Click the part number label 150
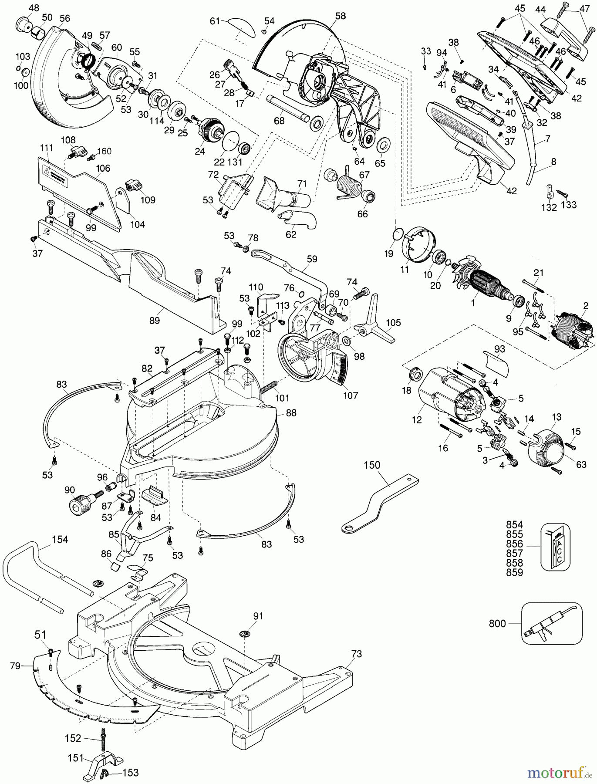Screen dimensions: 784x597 [372, 465]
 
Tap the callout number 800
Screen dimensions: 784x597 [497, 624]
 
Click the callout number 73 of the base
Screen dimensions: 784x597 [356, 654]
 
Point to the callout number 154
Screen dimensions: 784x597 [60, 539]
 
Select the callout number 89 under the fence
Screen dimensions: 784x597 [154, 321]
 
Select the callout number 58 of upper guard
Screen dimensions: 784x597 [341, 16]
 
